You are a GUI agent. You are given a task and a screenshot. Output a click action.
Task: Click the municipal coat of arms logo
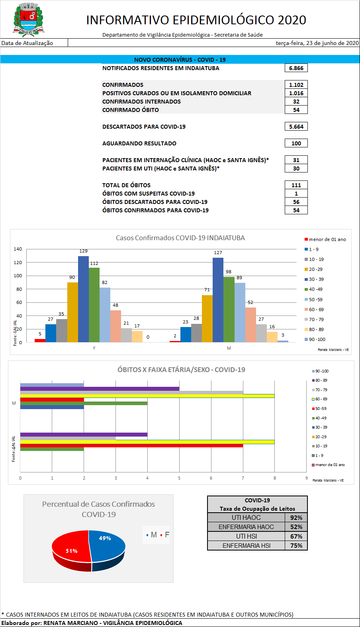tap(28, 20)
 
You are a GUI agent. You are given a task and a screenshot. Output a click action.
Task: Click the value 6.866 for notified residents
tap(296, 68)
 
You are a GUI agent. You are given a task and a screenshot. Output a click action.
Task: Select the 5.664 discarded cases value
tap(296, 127)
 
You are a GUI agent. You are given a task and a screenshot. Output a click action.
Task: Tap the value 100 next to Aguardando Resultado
tap(296, 143)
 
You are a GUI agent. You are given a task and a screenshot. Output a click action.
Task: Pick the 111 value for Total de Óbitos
tap(296, 185)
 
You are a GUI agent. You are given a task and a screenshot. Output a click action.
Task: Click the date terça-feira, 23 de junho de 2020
tap(317, 43)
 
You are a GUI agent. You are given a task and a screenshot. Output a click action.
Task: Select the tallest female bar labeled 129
tap(83, 299)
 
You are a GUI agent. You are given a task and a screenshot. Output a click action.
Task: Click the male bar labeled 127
tap(218, 300)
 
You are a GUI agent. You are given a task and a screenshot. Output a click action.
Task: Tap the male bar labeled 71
tap(207, 318)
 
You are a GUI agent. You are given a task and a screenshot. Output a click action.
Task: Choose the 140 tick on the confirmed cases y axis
tap(18, 249)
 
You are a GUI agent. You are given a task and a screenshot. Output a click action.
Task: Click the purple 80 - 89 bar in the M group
tap(100, 389)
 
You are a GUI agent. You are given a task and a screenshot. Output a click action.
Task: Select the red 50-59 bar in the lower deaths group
tap(131, 446)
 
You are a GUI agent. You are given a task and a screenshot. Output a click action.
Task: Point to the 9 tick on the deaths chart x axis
tap(306, 478)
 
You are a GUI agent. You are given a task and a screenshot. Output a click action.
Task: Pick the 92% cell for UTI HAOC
tap(296, 517)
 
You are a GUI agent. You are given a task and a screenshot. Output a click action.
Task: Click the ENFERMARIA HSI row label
tap(246, 546)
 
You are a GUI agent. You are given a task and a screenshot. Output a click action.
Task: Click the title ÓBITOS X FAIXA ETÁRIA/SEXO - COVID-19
tap(181, 370)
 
